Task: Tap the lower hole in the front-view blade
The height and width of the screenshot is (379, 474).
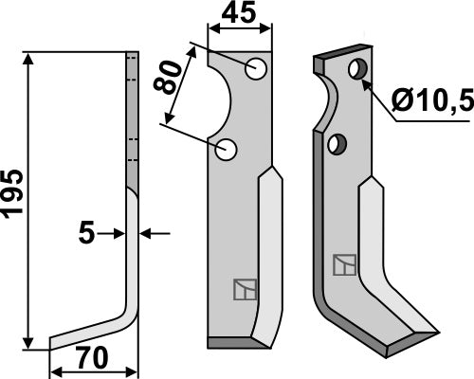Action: click(x=227, y=148)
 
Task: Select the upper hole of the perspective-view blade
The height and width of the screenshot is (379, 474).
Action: click(x=356, y=71)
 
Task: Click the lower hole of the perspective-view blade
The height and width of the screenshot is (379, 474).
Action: click(x=336, y=144)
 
